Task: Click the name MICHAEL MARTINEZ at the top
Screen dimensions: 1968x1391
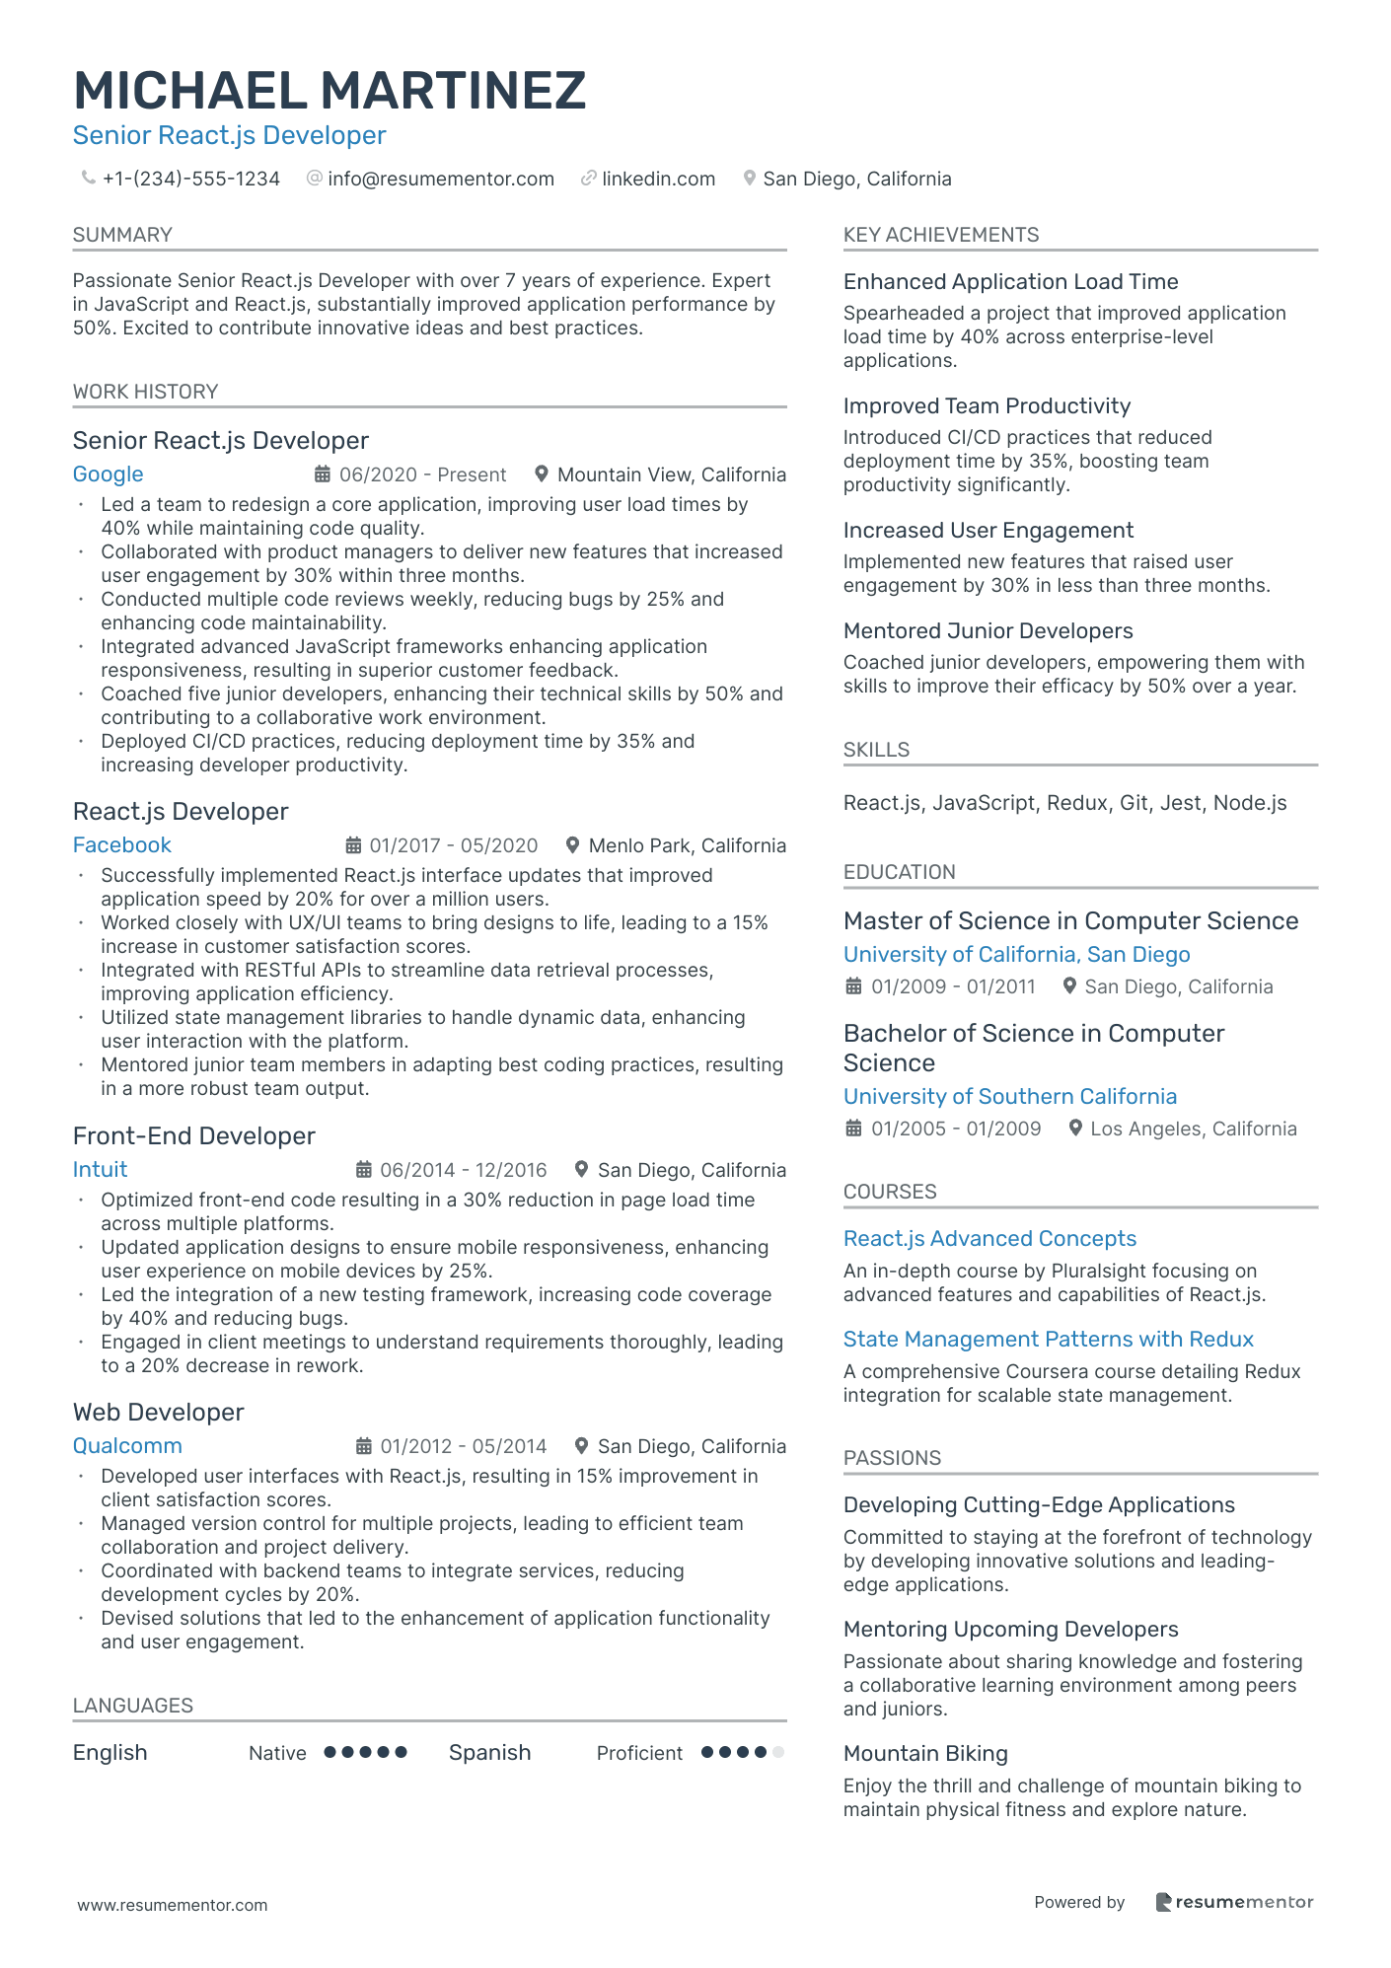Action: click(x=329, y=91)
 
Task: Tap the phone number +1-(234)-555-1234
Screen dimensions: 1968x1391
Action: click(x=190, y=179)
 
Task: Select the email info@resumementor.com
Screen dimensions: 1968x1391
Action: click(x=440, y=179)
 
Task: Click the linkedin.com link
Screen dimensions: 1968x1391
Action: click(x=658, y=179)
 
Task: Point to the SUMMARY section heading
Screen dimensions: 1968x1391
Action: click(x=122, y=235)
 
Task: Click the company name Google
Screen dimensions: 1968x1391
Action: click(x=108, y=474)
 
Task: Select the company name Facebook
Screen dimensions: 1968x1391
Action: click(x=121, y=845)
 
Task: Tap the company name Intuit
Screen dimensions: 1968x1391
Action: click(x=100, y=1170)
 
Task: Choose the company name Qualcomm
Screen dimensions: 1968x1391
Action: click(x=127, y=1446)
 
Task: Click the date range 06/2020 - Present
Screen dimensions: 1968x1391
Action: click(x=422, y=474)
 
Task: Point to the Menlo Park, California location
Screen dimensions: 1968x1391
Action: click(x=687, y=845)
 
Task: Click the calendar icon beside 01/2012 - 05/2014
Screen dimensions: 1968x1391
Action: click(x=363, y=1446)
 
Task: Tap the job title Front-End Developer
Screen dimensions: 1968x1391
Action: click(x=193, y=1136)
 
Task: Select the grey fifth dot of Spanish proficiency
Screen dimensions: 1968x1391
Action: click(x=777, y=1753)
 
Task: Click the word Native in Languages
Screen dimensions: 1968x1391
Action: click(x=277, y=1753)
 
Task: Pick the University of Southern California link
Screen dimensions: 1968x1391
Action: click(x=1009, y=1097)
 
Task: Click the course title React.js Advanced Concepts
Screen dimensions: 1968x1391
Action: click(x=989, y=1239)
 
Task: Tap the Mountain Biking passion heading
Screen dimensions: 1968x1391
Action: click(x=925, y=1754)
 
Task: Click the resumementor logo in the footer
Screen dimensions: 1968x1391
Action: click(x=1234, y=1902)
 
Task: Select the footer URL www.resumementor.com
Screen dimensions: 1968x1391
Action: click(x=173, y=1905)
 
